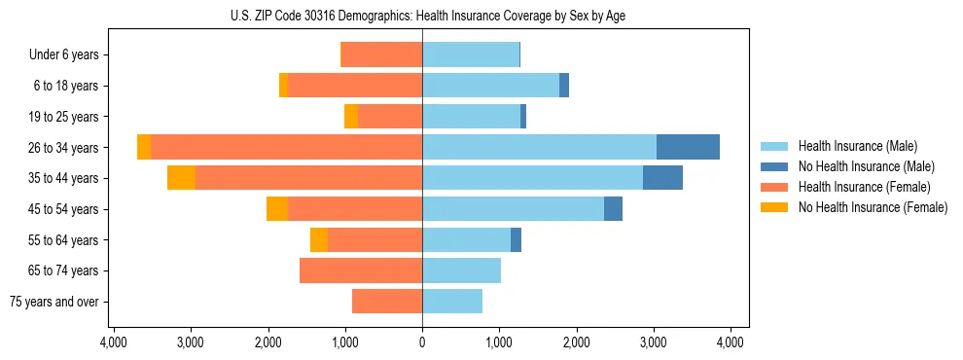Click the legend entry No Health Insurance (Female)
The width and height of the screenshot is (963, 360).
click(873, 207)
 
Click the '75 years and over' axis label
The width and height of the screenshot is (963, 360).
click(53, 302)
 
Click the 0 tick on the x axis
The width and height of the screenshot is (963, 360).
click(422, 342)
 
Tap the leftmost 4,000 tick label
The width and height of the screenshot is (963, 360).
click(114, 342)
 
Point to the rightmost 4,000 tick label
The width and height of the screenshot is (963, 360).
click(731, 342)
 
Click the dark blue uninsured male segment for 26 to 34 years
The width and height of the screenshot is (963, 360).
click(688, 147)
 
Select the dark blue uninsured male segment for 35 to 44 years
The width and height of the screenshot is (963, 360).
click(662, 178)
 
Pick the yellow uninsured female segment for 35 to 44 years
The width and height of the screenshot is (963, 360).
click(181, 178)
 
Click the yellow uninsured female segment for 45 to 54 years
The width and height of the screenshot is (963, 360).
click(277, 209)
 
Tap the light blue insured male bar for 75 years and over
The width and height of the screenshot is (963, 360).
click(452, 302)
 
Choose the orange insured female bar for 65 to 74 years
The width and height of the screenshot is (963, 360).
click(361, 270)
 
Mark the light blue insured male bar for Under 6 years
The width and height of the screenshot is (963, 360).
click(471, 55)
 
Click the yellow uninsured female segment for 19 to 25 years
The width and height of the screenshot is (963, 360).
click(351, 117)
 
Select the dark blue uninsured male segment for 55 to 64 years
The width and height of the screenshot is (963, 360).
click(516, 239)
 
